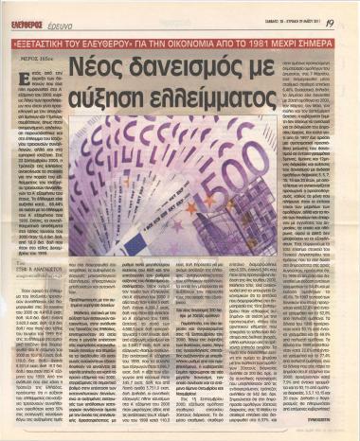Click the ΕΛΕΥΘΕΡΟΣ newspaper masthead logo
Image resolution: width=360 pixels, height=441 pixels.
coord(39,11)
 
